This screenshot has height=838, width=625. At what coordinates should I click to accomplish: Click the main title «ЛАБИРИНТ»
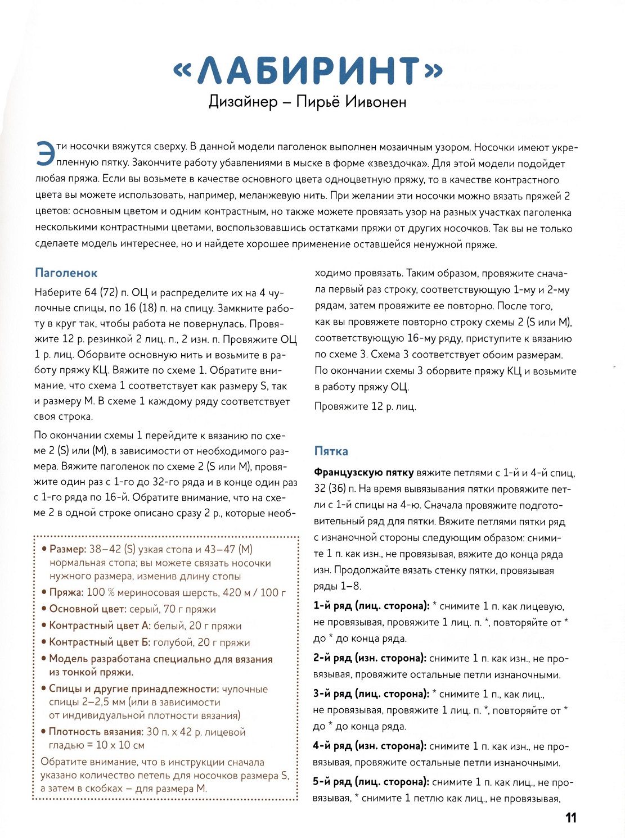(x=308, y=71)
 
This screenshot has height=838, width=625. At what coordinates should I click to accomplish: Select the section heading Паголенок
(x=66, y=273)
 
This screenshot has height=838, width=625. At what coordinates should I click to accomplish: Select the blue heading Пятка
(x=331, y=451)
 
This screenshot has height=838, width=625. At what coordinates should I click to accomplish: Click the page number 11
(x=570, y=818)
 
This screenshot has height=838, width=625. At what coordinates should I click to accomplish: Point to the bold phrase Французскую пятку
(x=363, y=473)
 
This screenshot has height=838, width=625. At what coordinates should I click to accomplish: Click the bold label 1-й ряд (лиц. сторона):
(x=371, y=606)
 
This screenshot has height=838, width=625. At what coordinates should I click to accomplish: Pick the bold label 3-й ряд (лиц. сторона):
(x=371, y=694)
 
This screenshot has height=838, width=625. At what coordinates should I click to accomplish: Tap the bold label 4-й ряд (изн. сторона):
(x=370, y=746)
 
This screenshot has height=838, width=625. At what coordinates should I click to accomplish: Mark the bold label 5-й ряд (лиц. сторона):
(x=371, y=782)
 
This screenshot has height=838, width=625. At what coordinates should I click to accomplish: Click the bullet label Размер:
(x=68, y=549)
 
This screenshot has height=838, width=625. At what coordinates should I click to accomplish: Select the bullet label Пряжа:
(x=66, y=592)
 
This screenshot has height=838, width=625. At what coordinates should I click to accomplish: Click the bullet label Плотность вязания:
(x=96, y=732)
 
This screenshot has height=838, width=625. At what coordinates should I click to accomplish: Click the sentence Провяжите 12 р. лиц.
(x=365, y=406)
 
